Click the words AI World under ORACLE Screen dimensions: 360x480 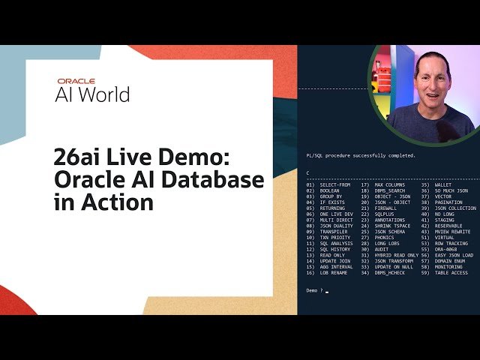[92, 94]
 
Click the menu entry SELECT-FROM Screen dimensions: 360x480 [334, 184]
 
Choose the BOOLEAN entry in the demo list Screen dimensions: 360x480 [331, 190]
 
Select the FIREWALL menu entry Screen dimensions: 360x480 [387, 208]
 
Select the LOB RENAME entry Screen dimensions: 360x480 [334, 273]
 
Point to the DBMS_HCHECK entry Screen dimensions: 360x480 [390, 273]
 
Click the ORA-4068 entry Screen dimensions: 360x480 [445, 249]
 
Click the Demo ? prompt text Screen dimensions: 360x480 [315, 290]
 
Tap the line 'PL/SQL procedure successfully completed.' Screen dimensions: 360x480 [361, 155]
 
